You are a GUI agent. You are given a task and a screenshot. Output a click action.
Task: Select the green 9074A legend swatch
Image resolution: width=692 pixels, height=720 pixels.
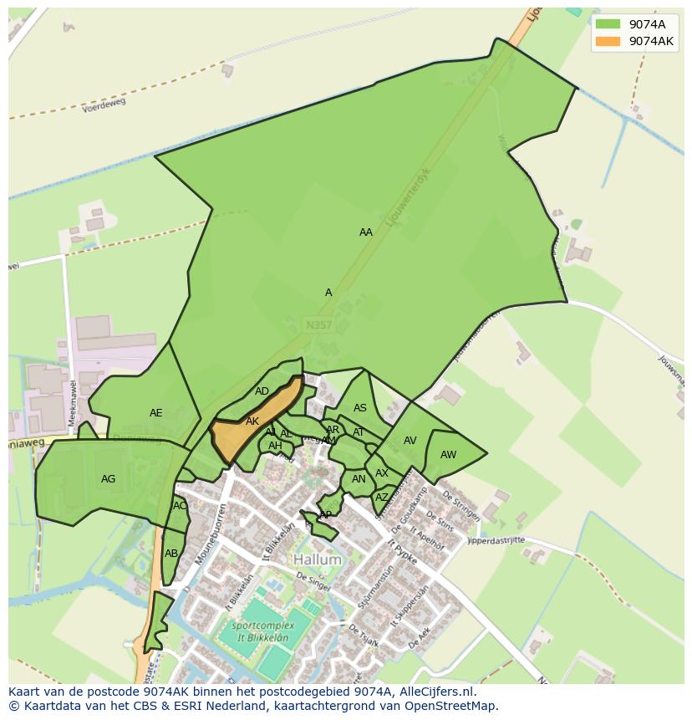[x=608, y=23]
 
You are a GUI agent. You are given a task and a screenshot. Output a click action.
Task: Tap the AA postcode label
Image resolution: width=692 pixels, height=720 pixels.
[x=366, y=232]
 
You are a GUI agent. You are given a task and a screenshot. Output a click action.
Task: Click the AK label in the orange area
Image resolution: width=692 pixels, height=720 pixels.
[x=252, y=421]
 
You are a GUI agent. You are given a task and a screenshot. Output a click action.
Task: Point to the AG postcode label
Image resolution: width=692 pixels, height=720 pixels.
[x=108, y=479]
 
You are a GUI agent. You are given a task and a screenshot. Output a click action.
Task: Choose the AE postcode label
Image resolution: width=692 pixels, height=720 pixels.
[x=156, y=413]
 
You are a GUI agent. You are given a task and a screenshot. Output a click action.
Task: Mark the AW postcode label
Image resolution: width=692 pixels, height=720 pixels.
[x=449, y=455]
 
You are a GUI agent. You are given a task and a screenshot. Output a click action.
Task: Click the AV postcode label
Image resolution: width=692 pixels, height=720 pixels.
[x=410, y=441]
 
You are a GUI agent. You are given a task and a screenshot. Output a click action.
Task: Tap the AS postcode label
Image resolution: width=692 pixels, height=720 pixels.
[x=360, y=408]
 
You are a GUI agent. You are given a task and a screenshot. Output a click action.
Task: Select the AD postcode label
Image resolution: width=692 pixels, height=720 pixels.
[x=262, y=391]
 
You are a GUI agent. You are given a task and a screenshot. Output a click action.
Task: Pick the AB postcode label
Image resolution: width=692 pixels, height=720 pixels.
[x=171, y=554]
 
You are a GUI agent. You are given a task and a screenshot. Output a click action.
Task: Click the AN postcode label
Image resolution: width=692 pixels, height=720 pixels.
[x=359, y=479]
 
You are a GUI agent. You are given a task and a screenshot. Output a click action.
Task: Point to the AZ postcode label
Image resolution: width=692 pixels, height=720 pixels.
[x=382, y=497]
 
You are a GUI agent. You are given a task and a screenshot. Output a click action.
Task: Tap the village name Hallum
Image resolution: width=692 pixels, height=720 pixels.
[x=318, y=559]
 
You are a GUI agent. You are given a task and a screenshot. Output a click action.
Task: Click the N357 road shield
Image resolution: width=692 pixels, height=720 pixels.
[x=318, y=324]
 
